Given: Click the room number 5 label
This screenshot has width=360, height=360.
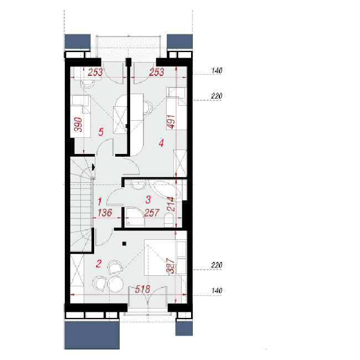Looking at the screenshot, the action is tap(101, 132).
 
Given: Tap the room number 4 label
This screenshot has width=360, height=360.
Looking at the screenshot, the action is tap(161, 143).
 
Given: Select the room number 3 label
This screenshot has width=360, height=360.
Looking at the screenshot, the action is tap(148, 199).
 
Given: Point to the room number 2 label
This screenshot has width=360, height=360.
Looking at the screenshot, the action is tap(99, 264).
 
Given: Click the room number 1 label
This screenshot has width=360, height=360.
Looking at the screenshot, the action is tap(100, 202).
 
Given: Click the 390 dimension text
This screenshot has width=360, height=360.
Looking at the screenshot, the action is tap(78, 125).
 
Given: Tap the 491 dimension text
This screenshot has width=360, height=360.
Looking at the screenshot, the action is tap(171, 122).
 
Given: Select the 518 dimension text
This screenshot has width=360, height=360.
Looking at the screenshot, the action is tap(142, 289).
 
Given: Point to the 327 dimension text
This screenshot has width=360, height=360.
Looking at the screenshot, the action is tap(171, 266).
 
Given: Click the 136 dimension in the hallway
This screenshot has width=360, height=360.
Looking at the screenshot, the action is tap(105, 213).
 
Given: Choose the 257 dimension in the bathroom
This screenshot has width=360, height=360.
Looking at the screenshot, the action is tap(152, 213).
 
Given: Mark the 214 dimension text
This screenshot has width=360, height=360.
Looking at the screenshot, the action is tap(171, 204).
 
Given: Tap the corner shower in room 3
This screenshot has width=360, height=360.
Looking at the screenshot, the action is tap(135, 217).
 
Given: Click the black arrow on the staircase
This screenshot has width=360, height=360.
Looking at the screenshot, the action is tap(93, 167).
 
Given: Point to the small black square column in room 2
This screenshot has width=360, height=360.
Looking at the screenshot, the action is tap(124, 244).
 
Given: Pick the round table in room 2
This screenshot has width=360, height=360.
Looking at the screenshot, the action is tap(116, 284).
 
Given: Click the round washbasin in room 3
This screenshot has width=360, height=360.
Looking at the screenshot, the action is tap(138, 184).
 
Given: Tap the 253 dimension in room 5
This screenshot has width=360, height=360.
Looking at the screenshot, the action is tap(95, 72).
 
